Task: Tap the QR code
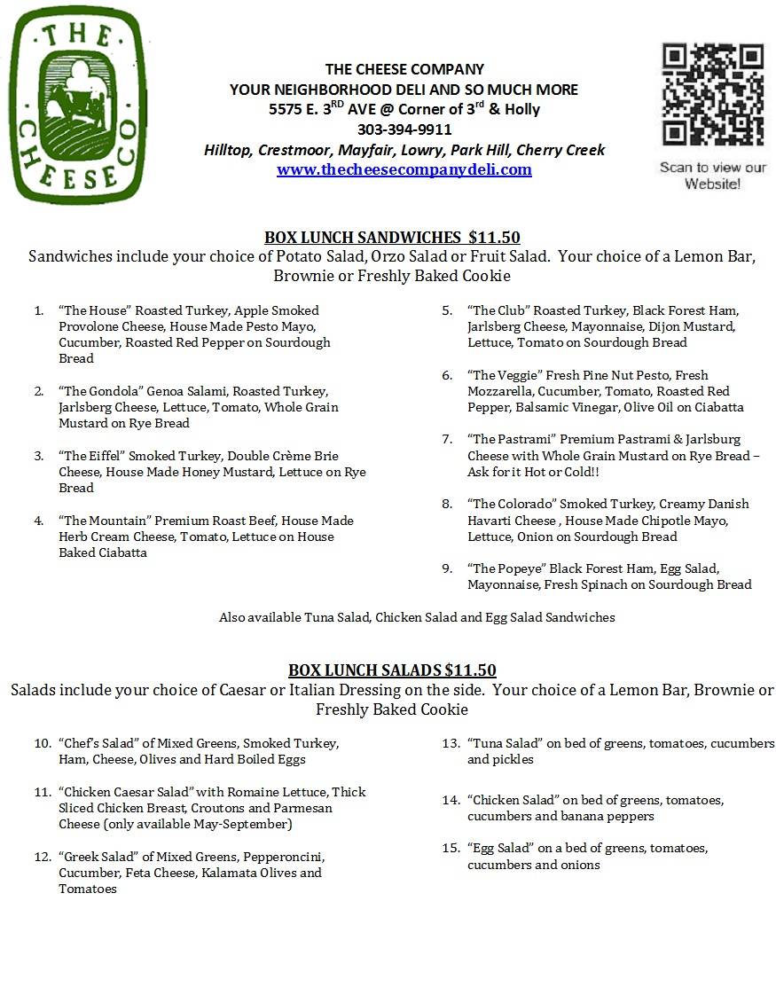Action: pyautogui.click(x=712, y=95)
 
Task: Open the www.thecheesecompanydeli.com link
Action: pyautogui.click(x=404, y=169)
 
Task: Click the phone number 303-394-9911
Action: pyautogui.click(x=404, y=129)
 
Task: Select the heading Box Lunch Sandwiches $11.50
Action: pyautogui.click(x=392, y=237)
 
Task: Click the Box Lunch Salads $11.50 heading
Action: pyautogui.click(x=392, y=670)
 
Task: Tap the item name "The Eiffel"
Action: pyautogui.click(x=91, y=456)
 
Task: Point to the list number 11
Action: pyautogui.click(x=43, y=792)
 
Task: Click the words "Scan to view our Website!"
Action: pyautogui.click(x=712, y=176)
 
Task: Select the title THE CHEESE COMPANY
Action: pyautogui.click(x=404, y=69)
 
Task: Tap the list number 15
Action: pyautogui.click(x=451, y=849)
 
